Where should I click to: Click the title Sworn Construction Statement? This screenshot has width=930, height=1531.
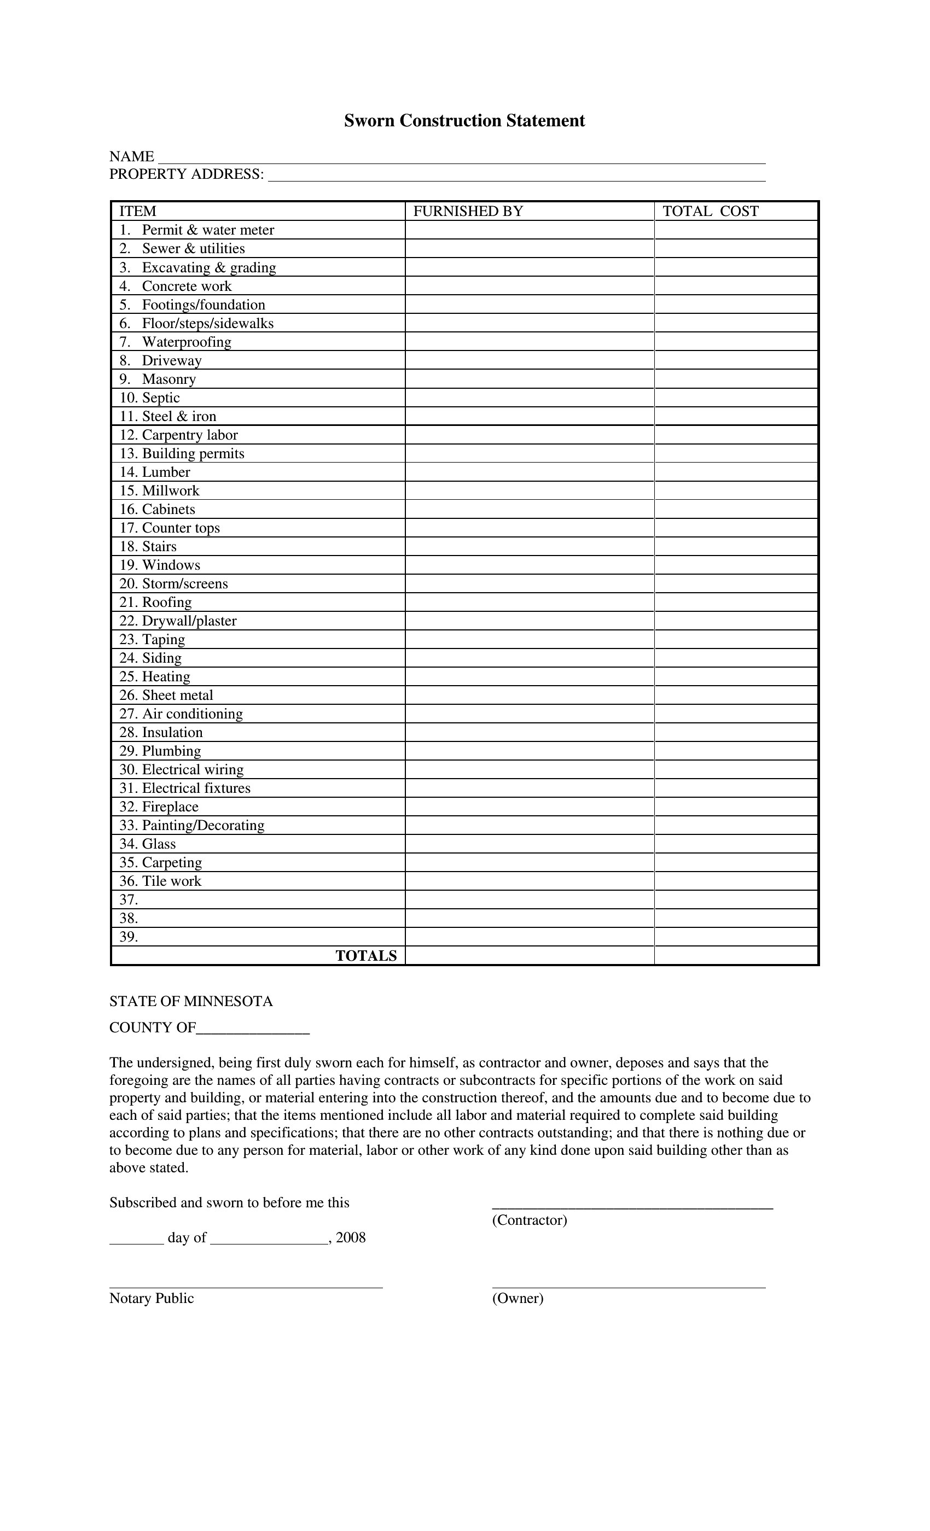tap(464, 120)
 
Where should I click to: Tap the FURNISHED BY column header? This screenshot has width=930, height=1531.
tap(468, 211)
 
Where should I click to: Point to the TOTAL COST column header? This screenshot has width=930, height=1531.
tap(711, 211)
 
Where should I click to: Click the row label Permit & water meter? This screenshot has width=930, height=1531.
tap(208, 230)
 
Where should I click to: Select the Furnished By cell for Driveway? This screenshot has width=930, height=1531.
tap(529, 360)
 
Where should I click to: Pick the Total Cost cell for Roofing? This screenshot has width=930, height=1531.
tap(736, 602)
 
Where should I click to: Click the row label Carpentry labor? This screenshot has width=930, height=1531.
tap(190, 435)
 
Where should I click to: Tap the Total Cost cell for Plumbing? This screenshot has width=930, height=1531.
tap(736, 751)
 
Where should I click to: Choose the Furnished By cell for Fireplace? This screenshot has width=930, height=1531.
tap(529, 807)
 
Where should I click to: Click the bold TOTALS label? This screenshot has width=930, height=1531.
tap(366, 956)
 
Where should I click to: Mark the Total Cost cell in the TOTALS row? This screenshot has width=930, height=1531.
tap(736, 956)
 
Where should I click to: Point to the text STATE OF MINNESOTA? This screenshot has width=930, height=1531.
tap(191, 1002)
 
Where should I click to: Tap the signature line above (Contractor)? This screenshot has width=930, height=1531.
tap(632, 1207)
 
